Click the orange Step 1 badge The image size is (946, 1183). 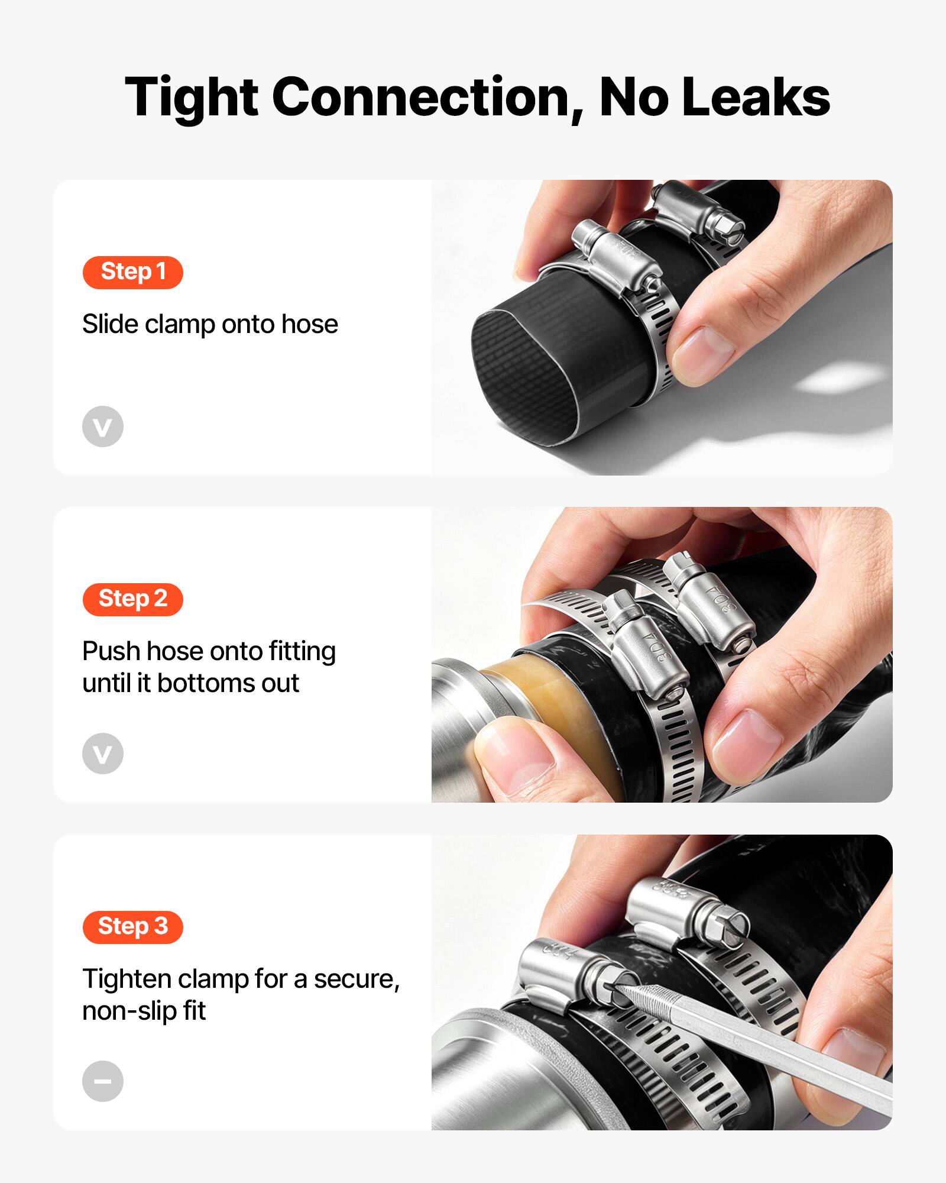[x=132, y=272]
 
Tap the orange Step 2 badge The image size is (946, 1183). [x=132, y=599]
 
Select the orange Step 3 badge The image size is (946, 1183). [x=132, y=927]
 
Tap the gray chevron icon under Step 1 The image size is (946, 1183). [x=103, y=426]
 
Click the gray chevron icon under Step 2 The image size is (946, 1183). [x=103, y=754]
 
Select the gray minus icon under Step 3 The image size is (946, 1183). [x=103, y=1081]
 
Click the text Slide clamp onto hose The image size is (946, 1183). [x=210, y=324]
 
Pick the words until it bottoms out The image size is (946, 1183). [x=190, y=683]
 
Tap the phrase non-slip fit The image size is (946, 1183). [x=144, y=1011]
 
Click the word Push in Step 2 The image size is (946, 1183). [x=112, y=651]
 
